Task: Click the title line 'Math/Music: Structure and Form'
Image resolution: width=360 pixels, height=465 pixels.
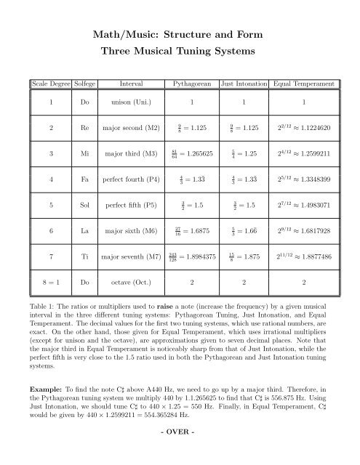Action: click(180, 33)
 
